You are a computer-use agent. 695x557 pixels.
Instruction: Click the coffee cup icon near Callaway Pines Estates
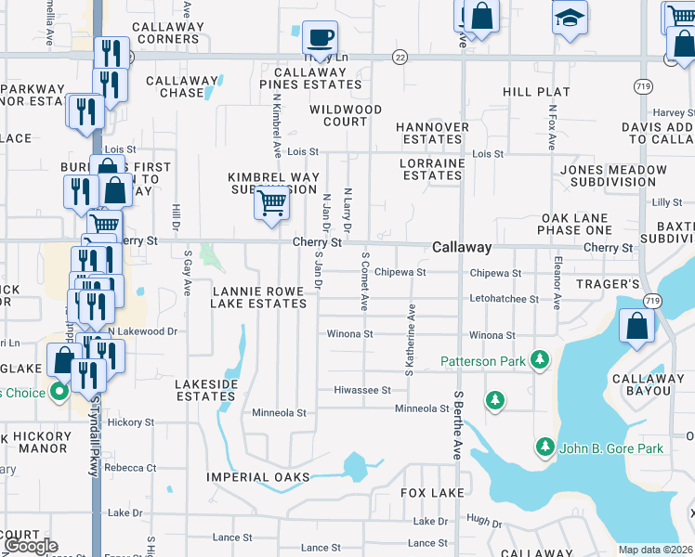(x=320, y=38)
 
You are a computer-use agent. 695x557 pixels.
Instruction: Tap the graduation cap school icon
(x=570, y=17)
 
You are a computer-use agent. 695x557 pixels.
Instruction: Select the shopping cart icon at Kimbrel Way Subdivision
(x=270, y=201)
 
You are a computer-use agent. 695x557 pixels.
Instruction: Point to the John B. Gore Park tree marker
(x=545, y=448)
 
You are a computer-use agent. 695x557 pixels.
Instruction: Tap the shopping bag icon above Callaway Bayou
(x=636, y=328)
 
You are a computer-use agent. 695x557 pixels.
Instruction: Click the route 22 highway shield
(x=400, y=57)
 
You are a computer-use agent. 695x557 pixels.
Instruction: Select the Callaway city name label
(x=462, y=247)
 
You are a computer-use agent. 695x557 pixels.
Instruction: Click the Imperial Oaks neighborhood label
(x=259, y=477)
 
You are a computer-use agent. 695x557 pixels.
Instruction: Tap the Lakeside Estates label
(x=206, y=390)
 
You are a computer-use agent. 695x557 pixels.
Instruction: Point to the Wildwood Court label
(x=345, y=115)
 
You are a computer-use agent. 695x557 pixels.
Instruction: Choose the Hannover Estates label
(x=431, y=133)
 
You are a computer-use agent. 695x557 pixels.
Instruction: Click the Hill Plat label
(x=536, y=92)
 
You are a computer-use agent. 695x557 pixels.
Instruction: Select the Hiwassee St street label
(x=362, y=390)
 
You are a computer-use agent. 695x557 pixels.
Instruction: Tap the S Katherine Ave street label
(x=410, y=341)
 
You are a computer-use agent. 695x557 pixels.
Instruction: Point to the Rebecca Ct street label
(x=130, y=467)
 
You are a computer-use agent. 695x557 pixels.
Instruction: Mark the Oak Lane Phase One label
(x=576, y=224)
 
